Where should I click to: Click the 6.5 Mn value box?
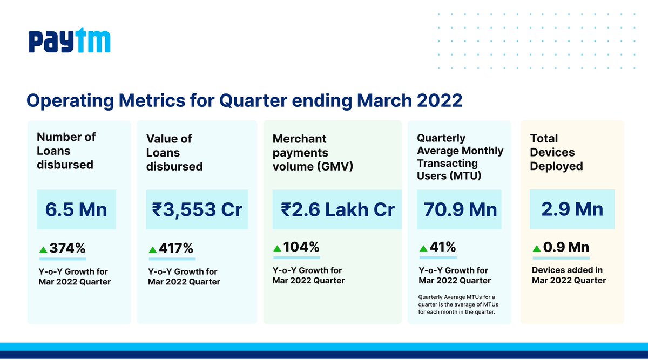[x=76, y=209]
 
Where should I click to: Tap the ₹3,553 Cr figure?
[x=197, y=209]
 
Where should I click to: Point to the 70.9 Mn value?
[x=459, y=209]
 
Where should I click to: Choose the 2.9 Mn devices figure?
[x=572, y=208]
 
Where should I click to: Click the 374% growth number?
[x=67, y=249]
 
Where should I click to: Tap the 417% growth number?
[x=176, y=249]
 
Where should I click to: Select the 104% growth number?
[x=301, y=247]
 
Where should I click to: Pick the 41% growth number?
[x=443, y=247]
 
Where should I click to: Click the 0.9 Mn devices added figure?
[x=566, y=247]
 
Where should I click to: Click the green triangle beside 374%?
[x=43, y=250]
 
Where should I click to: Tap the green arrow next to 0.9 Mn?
[x=536, y=249]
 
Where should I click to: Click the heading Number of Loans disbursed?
[x=66, y=151]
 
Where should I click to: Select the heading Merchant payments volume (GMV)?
[x=313, y=153]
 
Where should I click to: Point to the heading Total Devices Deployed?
[x=556, y=152]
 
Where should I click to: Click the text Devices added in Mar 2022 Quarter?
[x=569, y=275]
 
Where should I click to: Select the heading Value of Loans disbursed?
[x=174, y=153]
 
